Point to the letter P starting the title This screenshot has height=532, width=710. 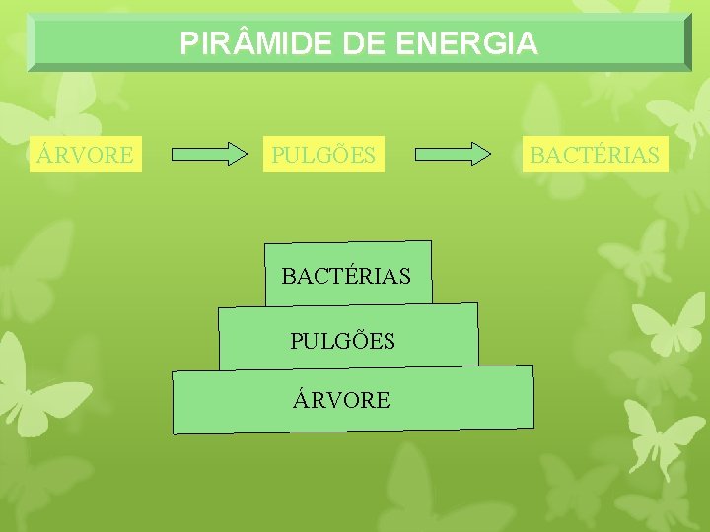tap(188, 43)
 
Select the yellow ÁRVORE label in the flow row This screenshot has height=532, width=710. tap(85, 155)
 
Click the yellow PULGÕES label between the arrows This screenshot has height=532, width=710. tap(323, 155)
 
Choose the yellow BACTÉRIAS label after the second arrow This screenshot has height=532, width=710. tap(595, 155)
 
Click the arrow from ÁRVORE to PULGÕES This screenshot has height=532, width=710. tap(210, 154)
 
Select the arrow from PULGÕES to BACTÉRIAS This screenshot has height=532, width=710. tap(453, 154)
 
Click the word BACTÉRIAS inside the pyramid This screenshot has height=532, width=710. tap(346, 276)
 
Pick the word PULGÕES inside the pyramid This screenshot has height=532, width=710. tap(342, 341)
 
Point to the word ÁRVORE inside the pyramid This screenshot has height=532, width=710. tap(341, 400)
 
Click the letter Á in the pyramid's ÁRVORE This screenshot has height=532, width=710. tap(301, 399)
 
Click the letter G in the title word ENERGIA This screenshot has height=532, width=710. tap(496, 43)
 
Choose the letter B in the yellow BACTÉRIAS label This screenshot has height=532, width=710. tap(537, 155)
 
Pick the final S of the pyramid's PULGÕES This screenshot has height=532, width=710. tap(389, 341)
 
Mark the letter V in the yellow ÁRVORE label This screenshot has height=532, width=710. tap(78, 155)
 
